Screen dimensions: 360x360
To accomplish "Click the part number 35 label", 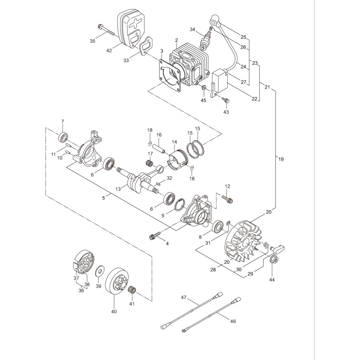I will (x=92, y=41).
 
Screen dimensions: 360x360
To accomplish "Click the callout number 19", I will (x=281, y=159).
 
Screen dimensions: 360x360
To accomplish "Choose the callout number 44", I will (x=272, y=279).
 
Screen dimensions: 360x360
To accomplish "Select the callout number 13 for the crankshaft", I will (x=118, y=189).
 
